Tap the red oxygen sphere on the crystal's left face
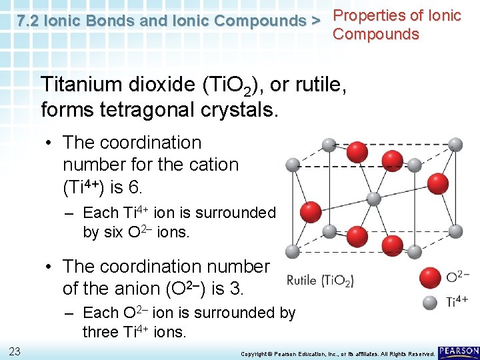coord(311,213)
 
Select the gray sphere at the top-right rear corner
coord(455,144)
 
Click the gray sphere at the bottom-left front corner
coord(291,251)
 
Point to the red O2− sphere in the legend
coord(430,278)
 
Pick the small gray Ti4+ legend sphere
coord(431,301)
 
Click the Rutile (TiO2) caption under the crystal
coord(320,281)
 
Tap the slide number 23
coord(15,351)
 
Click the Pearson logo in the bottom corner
coord(458,351)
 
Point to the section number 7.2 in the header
coord(30,21)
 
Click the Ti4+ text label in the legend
coord(457,302)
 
